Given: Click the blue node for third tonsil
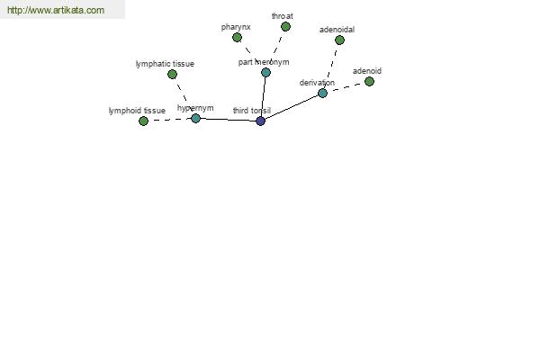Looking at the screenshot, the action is click(x=261, y=121).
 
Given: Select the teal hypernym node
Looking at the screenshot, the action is click(x=195, y=118).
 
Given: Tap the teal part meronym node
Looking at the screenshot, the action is click(x=265, y=72).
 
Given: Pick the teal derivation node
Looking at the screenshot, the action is click(x=322, y=93).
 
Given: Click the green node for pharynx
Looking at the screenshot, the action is click(x=237, y=38).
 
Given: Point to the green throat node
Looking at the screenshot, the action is click(x=285, y=26).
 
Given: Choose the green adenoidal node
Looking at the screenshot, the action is click(x=339, y=40).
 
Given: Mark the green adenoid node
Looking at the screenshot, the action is click(x=369, y=82).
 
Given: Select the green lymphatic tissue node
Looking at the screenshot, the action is click(x=172, y=74).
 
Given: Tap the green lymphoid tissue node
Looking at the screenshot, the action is click(x=143, y=121).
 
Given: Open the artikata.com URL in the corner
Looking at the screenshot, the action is click(x=56, y=10).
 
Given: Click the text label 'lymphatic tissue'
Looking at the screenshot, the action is click(x=165, y=64).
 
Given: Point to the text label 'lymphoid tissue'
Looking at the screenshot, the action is click(x=137, y=111).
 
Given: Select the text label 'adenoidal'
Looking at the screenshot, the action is click(x=337, y=30).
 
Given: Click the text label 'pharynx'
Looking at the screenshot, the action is click(x=236, y=27).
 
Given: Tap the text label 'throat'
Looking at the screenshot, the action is click(x=283, y=16).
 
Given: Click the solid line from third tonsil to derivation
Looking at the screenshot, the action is click(x=292, y=107).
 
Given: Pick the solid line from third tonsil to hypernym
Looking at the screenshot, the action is click(x=228, y=120).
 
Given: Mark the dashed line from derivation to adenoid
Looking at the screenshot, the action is click(x=346, y=87).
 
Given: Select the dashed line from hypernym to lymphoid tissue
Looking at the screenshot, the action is click(x=169, y=120).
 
